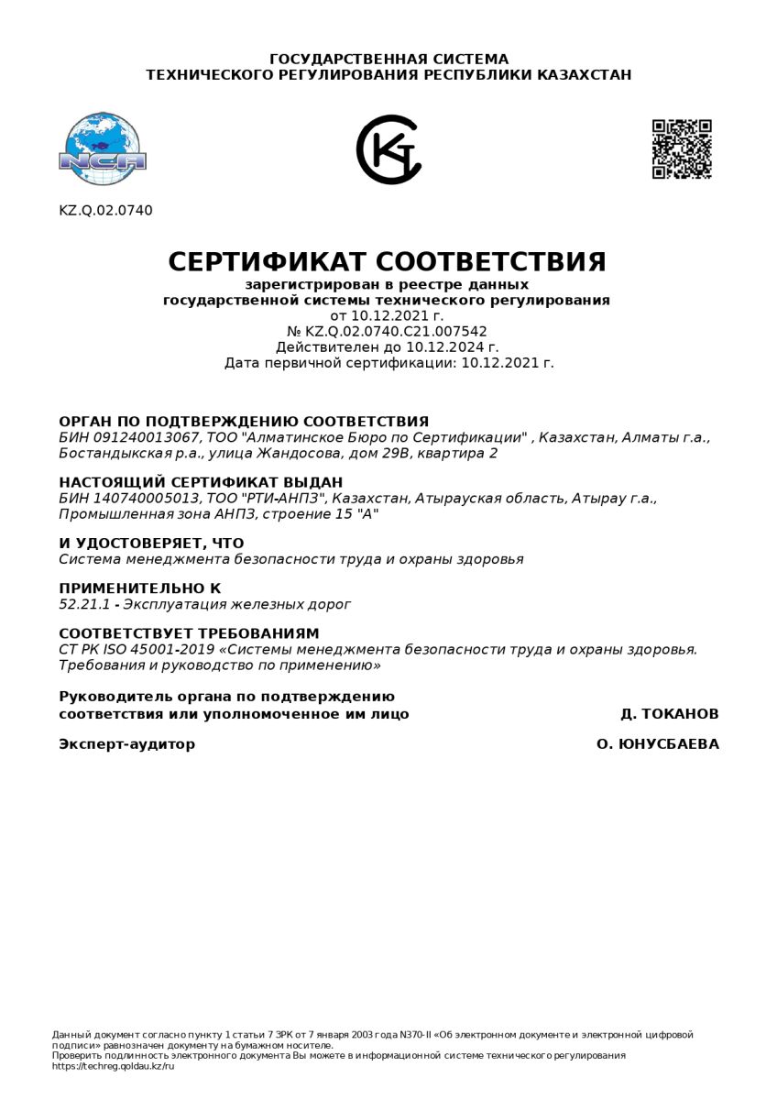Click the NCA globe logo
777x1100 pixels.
(x=103, y=148)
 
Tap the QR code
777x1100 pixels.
(x=682, y=148)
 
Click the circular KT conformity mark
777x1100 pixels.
(x=389, y=149)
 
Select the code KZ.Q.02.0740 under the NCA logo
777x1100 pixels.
(x=105, y=211)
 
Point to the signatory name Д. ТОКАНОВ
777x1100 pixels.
(x=669, y=714)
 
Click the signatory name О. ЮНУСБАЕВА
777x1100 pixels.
(x=657, y=744)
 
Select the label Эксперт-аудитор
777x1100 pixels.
(x=126, y=744)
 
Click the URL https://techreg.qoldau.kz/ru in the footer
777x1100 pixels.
(x=113, y=1066)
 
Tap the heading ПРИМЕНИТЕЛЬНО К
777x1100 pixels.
(x=139, y=588)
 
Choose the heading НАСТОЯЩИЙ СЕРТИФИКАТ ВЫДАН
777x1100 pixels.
(x=201, y=482)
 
